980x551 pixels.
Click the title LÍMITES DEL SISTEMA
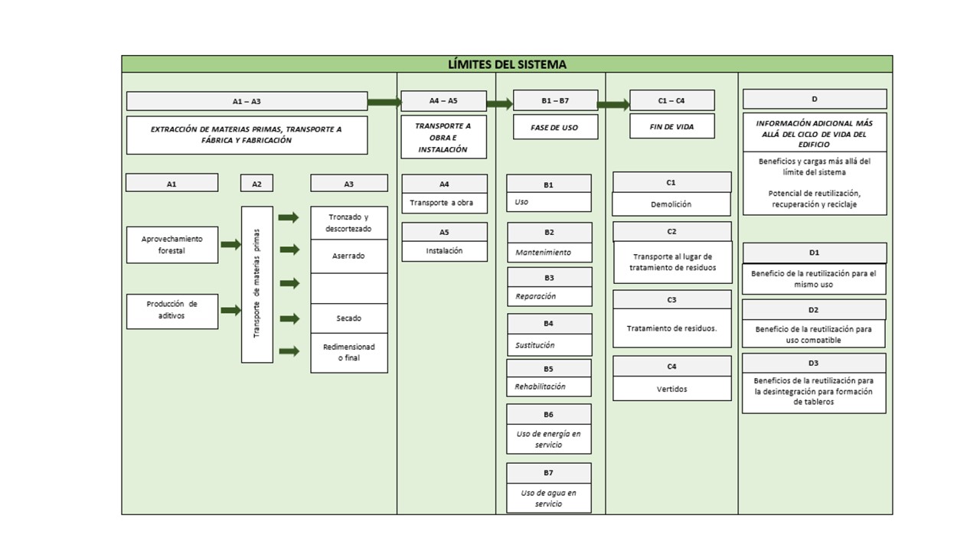tap(507, 64)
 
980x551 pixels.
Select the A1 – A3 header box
tap(247, 101)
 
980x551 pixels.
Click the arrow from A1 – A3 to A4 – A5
tap(384, 102)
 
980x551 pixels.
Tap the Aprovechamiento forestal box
tap(172, 245)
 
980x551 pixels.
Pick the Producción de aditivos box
tap(172, 310)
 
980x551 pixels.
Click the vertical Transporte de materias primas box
tap(257, 284)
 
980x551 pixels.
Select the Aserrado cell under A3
tap(349, 256)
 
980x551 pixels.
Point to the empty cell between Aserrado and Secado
tap(349, 288)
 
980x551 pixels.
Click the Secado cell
tap(349, 318)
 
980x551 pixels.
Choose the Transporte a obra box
tap(444, 203)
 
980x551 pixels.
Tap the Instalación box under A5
tap(444, 250)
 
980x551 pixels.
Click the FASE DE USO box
tap(555, 128)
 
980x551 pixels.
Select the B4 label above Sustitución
tap(549, 324)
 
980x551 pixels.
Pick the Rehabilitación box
tap(549, 386)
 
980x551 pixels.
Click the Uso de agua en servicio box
tap(549, 498)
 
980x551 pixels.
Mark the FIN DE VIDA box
tap(671, 127)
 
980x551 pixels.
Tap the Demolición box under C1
tap(671, 204)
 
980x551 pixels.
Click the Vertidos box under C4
tap(671, 389)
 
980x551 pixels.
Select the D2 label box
tap(814, 310)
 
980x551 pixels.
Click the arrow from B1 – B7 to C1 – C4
tap(612, 105)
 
